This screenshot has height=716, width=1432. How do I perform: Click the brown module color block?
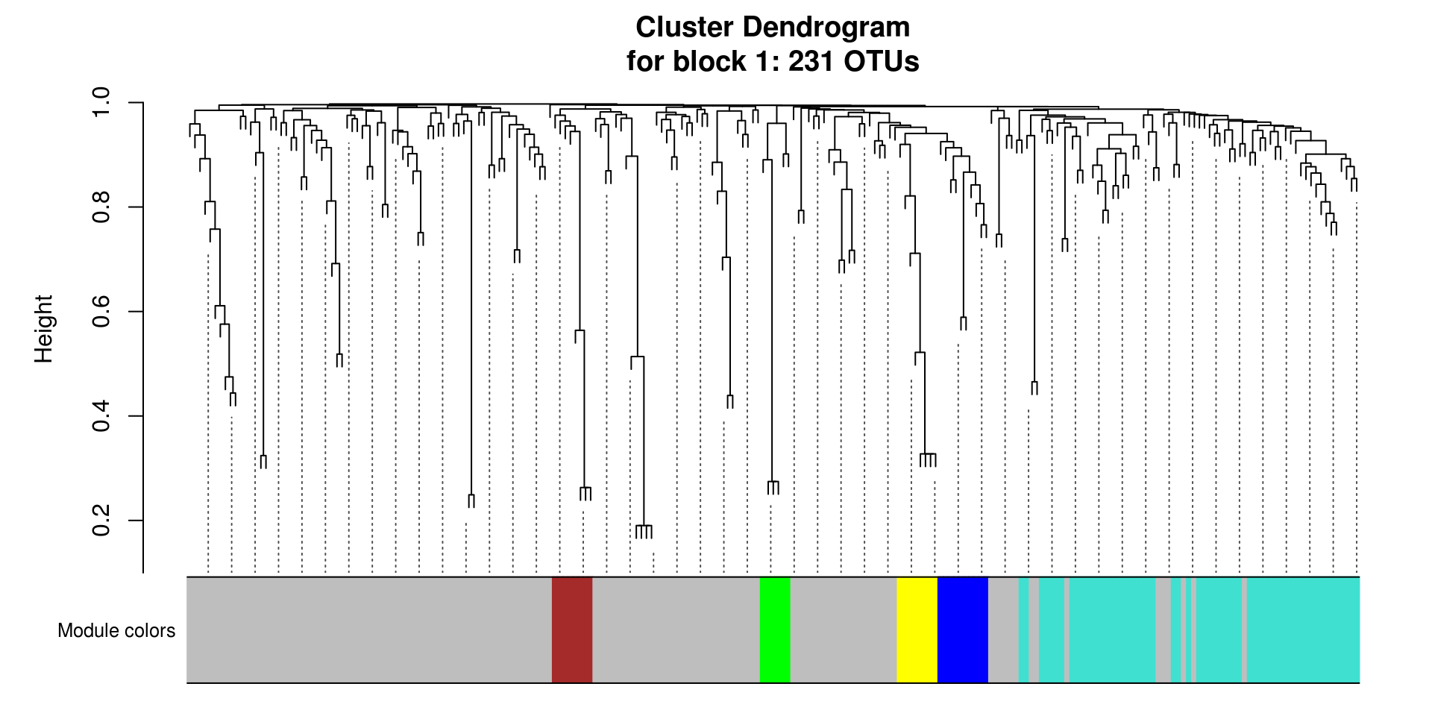(572, 629)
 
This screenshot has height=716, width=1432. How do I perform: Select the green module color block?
(775, 629)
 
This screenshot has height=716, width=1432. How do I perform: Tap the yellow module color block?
(917, 629)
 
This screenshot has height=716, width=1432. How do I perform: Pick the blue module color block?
(962, 629)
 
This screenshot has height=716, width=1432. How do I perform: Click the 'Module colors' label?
(116, 631)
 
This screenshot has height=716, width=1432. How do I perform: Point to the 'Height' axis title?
(44, 329)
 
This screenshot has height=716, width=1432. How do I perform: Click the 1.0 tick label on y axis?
(101, 102)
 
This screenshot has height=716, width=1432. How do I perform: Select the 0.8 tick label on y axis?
(101, 207)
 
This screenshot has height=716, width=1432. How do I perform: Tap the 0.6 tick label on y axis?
(101, 311)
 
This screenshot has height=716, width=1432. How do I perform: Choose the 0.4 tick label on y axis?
(101, 415)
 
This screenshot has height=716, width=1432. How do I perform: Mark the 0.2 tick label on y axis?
(101, 521)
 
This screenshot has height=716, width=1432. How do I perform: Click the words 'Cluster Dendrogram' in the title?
(772, 28)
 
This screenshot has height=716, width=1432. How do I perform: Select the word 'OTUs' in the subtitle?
(881, 61)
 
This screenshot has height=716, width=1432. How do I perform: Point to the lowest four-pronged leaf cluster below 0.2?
(644, 531)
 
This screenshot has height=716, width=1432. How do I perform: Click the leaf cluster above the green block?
(773, 487)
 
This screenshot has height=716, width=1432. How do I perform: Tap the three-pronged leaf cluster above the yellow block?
(928, 459)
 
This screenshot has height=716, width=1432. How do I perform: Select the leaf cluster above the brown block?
(585, 493)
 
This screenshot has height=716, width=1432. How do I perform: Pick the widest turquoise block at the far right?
(1302, 629)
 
